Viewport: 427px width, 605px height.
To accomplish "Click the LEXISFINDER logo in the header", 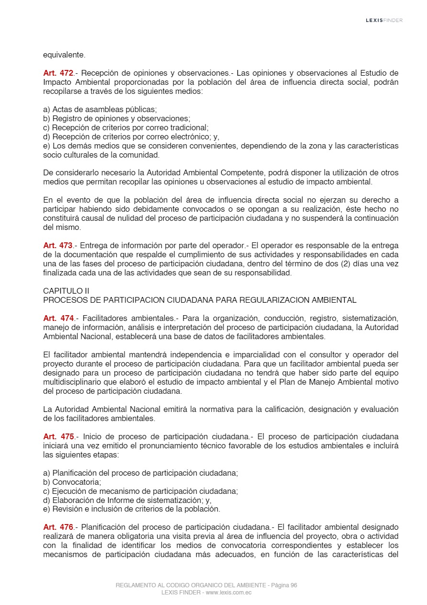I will coord(384,20).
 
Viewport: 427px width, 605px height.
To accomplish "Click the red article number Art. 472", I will coord(58,73).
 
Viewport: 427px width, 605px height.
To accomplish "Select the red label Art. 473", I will coord(58,246).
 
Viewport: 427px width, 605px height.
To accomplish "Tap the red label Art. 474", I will coord(58,318).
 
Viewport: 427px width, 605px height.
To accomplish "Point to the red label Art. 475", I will coord(58,436).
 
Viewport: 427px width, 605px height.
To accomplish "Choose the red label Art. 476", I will coord(58,527).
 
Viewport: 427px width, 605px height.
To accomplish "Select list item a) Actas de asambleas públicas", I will coord(100,109).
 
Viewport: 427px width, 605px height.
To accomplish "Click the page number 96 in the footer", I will coord(293,585).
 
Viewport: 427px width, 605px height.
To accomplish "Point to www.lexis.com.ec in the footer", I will coord(228,593).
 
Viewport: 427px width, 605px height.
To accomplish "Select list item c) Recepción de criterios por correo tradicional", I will coord(126,127).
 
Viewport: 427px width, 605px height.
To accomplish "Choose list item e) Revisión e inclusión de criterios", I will coord(132,509).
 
